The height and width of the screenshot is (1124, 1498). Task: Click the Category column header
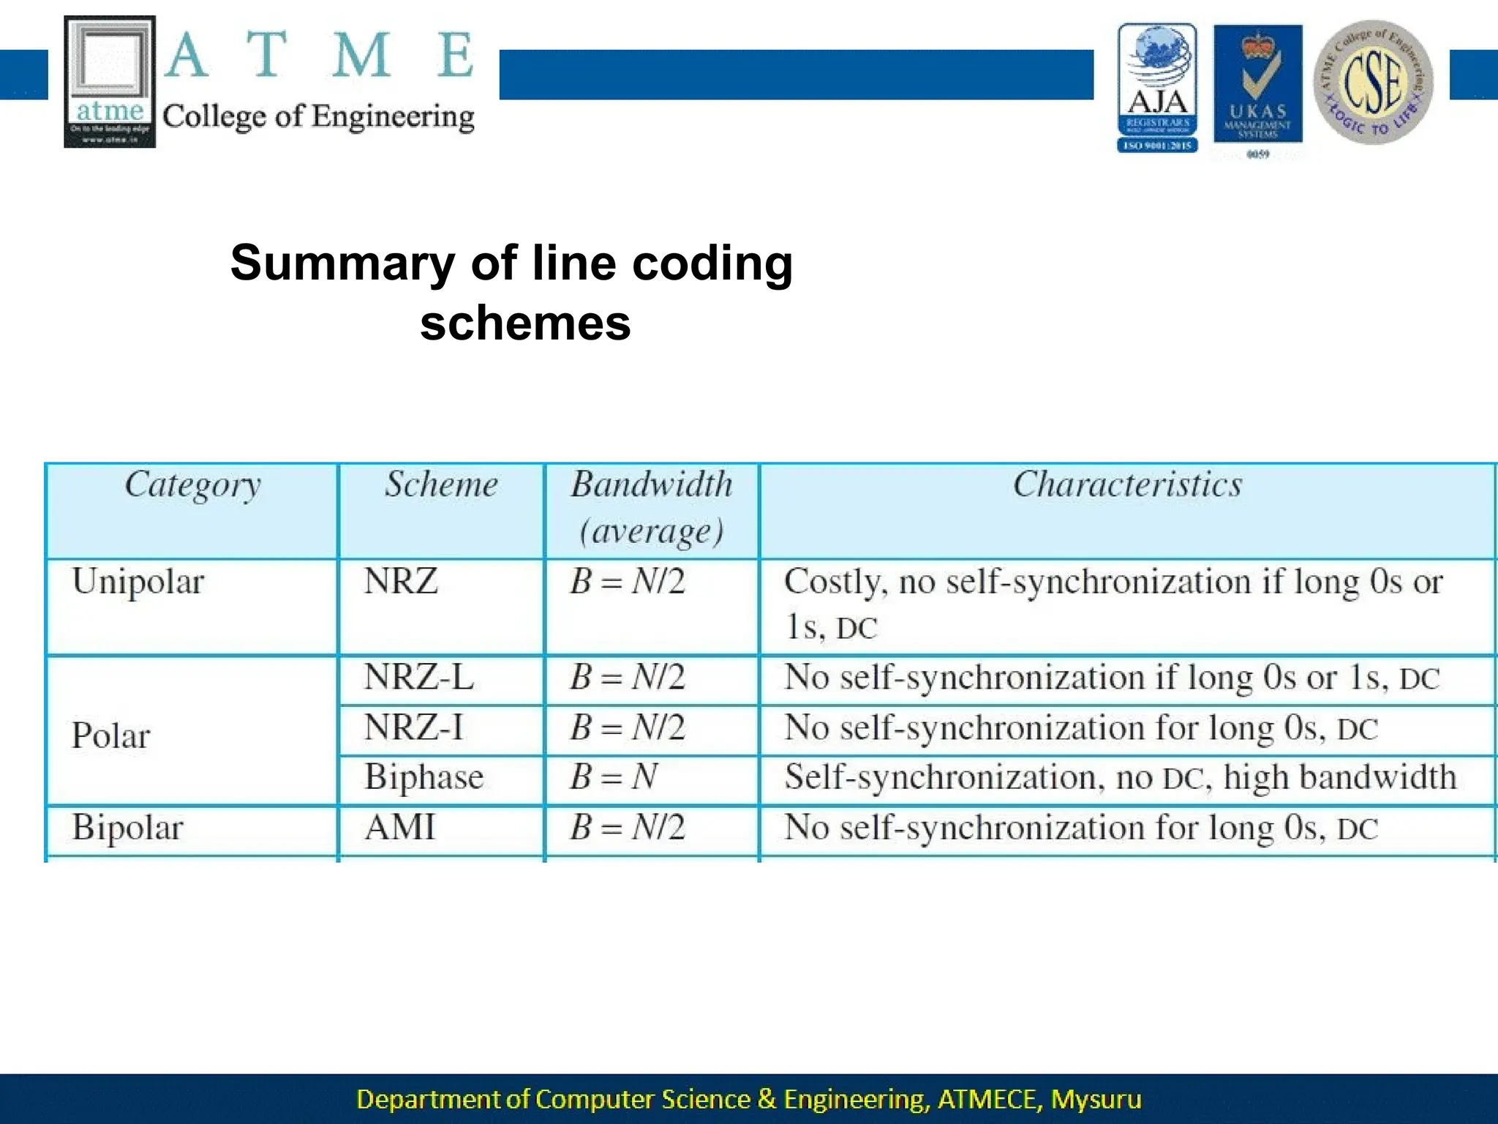click(x=192, y=485)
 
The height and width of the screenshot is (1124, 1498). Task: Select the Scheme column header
click(x=441, y=484)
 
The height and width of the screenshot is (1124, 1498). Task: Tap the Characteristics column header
click(x=1127, y=484)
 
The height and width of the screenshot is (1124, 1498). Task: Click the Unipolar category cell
click(x=138, y=582)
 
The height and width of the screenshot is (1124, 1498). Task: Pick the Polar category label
click(x=110, y=735)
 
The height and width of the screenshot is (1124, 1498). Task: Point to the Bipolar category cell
click(x=127, y=828)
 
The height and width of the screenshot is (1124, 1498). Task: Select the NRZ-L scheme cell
click(x=419, y=677)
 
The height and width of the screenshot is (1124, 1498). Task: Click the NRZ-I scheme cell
click(x=414, y=728)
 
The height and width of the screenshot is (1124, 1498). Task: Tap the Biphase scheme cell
click(x=424, y=777)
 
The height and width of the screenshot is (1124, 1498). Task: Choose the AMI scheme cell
click(x=400, y=828)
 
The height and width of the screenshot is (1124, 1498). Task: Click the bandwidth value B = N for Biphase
click(x=614, y=777)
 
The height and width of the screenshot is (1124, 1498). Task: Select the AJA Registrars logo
click(x=1157, y=88)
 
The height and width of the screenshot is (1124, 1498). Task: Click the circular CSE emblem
click(x=1373, y=82)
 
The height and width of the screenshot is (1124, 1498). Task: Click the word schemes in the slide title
click(x=525, y=323)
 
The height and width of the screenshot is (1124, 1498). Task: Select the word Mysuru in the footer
click(x=1096, y=1099)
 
